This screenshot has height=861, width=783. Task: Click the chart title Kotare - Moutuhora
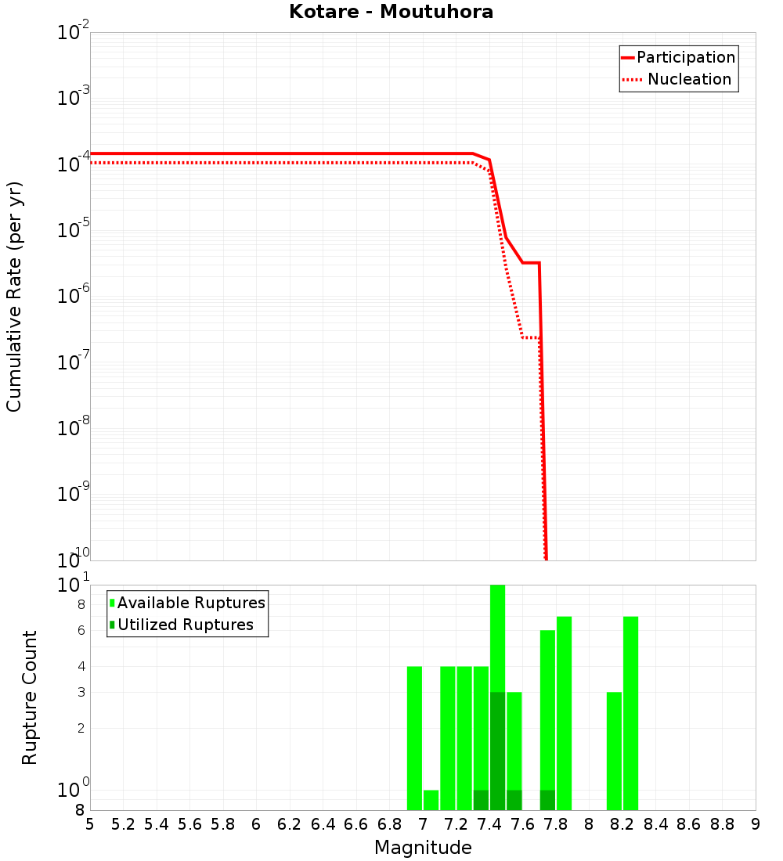391,12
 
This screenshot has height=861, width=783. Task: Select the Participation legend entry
685,57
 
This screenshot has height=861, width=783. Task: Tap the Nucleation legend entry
688,79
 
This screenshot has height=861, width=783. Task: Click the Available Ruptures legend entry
191,603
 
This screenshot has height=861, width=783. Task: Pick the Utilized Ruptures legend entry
185,625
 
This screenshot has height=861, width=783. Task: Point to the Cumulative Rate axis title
14,296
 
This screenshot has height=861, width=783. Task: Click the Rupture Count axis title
30,697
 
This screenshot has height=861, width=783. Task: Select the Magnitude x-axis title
423,848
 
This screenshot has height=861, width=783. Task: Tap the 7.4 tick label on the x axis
489,824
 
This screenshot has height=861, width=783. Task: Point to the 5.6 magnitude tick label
189,824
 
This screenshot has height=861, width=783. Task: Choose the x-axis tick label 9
756,824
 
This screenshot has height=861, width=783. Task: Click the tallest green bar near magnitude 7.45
497,642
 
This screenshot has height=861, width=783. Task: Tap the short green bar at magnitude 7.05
431,800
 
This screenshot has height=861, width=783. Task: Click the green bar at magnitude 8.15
614,751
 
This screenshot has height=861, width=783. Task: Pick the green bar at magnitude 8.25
630,713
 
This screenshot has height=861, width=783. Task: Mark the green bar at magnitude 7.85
564,713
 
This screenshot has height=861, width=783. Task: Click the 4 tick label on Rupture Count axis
81,666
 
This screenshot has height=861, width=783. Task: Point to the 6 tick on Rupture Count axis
81,630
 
